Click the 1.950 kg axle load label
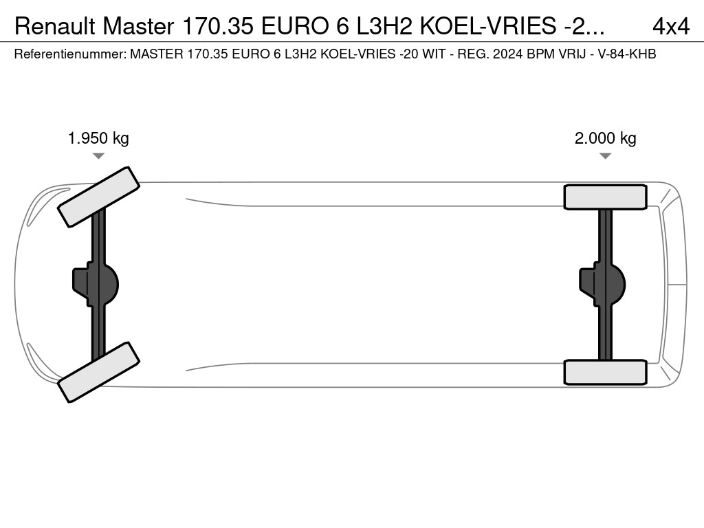pyautogui.click(x=98, y=138)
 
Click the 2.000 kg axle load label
pyautogui.click(x=605, y=138)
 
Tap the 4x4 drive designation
pyautogui.click(x=671, y=27)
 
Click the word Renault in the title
pyautogui.click(x=55, y=27)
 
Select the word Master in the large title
pyautogui.click(x=138, y=27)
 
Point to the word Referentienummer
pyautogui.click(x=70, y=54)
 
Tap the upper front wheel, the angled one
pyautogui.click(x=99, y=197)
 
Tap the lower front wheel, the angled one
pyautogui.click(x=99, y=372)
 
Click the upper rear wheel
pyautogui.click(x=605, y=197)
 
